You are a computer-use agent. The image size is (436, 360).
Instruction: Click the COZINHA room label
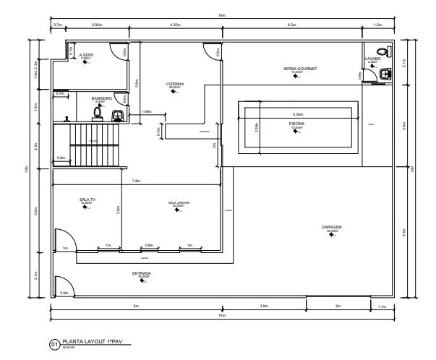pos(175,84)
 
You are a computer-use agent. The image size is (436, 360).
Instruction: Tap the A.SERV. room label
pos(87,55)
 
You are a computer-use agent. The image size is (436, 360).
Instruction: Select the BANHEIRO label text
pos(101,98)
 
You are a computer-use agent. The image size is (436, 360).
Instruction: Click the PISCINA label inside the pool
pos(296,124)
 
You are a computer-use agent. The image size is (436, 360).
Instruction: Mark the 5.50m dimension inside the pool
pos(296,114)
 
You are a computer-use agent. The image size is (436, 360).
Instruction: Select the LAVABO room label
pos(372,59)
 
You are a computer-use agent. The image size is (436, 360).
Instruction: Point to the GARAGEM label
pos(331,227)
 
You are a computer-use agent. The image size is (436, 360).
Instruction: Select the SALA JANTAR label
pos(178,203)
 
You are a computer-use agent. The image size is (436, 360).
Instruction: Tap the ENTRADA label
pos(141,273)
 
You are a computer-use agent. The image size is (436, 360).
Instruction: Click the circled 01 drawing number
pos(54,344)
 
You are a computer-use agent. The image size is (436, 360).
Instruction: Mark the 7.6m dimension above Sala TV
pos(135,181)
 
